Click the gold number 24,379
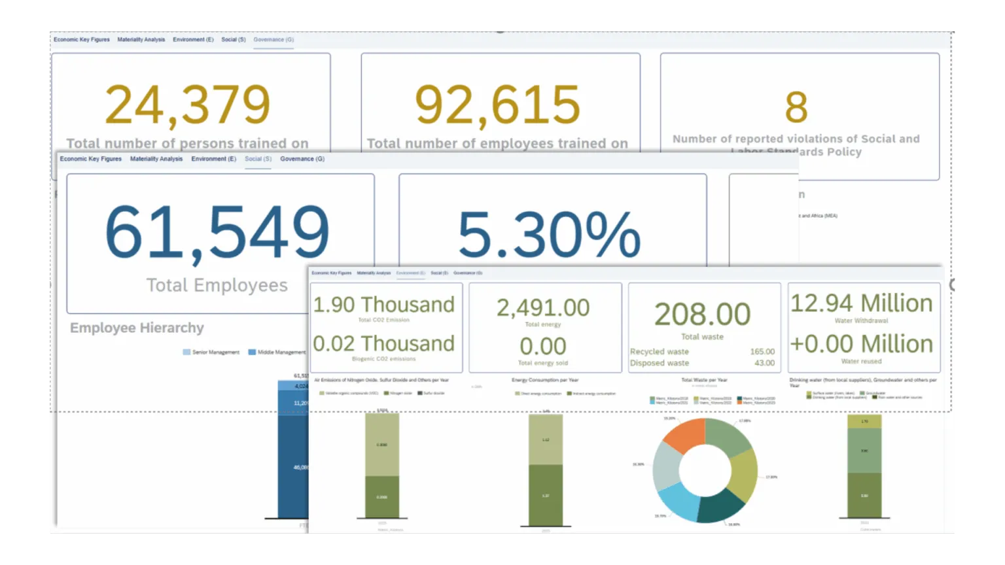(x=187, y=105)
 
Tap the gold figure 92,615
(x=497, y=105)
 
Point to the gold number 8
(x=796, y=107)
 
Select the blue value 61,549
(x=217, y=231)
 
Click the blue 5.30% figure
(x=548, y=234)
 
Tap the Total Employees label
(x=217, y=285)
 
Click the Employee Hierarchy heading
(x=137, y=328)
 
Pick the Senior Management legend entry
(x=211, y=352)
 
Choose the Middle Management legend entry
(x=277, y=352)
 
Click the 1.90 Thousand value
(x=383, y=305)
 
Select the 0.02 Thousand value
(x=383, y=343)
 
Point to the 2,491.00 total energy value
(x=543, y=307)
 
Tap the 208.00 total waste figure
(x=702, y=315)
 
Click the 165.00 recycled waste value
(x=762, y=352)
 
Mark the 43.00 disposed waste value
(x=764, y=363)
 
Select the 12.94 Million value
(x=861, y=303)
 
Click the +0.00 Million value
(x=861, y=344)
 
